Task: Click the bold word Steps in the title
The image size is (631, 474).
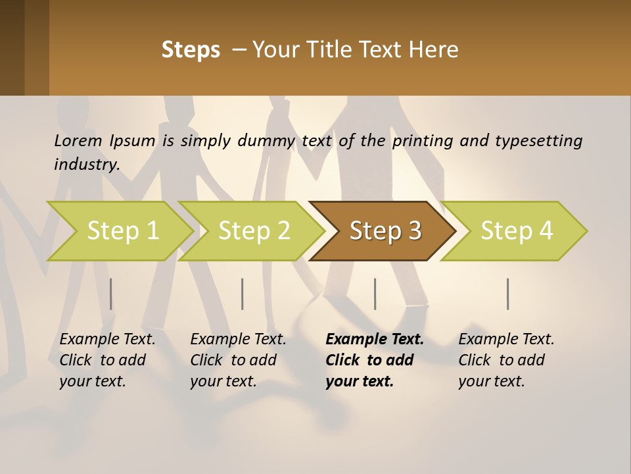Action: click(191, 50)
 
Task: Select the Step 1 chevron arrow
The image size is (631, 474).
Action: click(122, 231)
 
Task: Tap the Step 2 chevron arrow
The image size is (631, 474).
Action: click(254, 231)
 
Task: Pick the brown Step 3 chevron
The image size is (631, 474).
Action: click(385, 231)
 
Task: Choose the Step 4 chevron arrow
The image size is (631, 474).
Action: click(516, 231)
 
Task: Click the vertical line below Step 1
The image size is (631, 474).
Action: click(110, 294)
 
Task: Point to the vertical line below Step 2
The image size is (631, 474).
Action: click(243, 294)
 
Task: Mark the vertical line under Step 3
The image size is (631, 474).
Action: click(375, 294)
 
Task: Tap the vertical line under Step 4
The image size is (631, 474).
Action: click(507, 294)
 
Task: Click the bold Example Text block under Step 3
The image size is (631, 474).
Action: click(375, 360)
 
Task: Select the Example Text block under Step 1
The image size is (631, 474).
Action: click(107, 360)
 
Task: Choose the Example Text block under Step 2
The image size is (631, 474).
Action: click(238, 360)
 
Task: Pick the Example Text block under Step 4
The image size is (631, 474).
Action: click(506, 360)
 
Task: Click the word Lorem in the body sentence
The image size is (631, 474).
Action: click(78, 140)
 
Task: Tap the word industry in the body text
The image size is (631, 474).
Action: click(87, 165)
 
